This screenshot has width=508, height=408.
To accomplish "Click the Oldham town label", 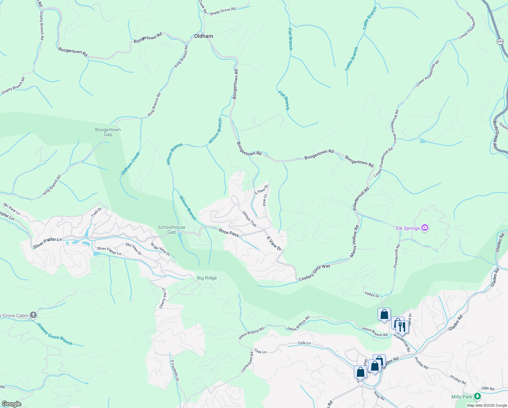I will click(x=203, y=36).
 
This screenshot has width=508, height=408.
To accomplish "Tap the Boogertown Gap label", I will click(x=108, y=132).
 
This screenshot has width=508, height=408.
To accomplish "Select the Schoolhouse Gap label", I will click(x=171, y=230).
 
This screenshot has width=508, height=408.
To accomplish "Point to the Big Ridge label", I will click(x=207, y=278).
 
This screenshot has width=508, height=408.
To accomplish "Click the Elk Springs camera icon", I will click(x=424, y=228).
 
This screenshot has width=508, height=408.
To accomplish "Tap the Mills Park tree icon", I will click(x=477, y=396).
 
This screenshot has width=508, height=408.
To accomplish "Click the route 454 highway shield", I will click(x=500, y=41).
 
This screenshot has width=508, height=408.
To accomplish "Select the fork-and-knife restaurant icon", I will click(x=402, y=327).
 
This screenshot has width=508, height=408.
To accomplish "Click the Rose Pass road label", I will click(x=229, y=233).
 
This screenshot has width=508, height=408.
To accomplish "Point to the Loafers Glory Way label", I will click(x=314, y=272).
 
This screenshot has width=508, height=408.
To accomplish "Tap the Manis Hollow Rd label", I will click(x=355, y=241).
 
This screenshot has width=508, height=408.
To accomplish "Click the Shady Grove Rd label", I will click(x=222, y=11).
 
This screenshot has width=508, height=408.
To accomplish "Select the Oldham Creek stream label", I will click(x=130, y=164).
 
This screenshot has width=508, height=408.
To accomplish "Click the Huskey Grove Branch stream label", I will click(x=55, y=334).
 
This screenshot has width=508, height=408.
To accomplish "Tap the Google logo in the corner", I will click(x=11, y=404).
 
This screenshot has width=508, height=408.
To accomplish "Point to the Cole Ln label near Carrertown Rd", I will click(x=260, y=352).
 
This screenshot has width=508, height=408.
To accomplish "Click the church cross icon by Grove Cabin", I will click(x=33, y=315).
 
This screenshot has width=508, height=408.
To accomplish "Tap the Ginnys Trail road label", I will click(x=249, y=219).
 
